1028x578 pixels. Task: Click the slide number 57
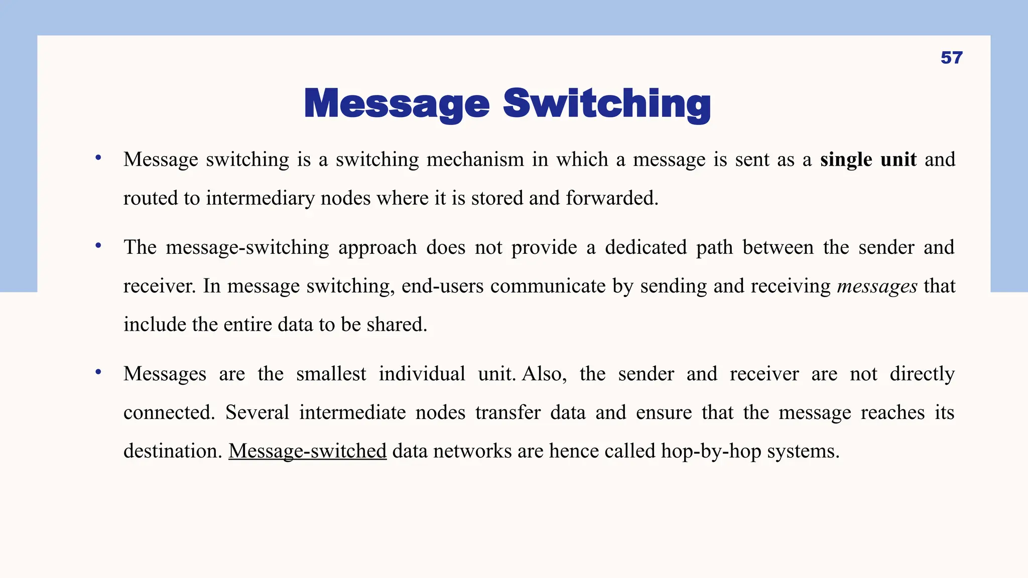tap(951, 58)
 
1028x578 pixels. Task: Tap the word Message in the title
tap(397, 104)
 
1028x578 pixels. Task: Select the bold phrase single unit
tap(868, 160)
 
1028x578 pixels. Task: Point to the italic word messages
tap(877, 286)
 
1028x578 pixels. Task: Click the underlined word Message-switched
tap(307, 451)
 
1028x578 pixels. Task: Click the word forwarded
tap(612, 198)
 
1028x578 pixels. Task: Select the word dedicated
tap(646, 247)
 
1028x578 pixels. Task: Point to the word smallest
tap(331, 374)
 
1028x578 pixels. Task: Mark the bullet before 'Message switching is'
tap(98, 158)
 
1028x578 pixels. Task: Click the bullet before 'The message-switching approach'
tap(98, 245)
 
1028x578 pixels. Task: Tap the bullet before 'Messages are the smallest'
tap(98, 372)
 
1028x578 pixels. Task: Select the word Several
tap(257, 412)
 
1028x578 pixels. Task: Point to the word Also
tap(544, 374)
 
